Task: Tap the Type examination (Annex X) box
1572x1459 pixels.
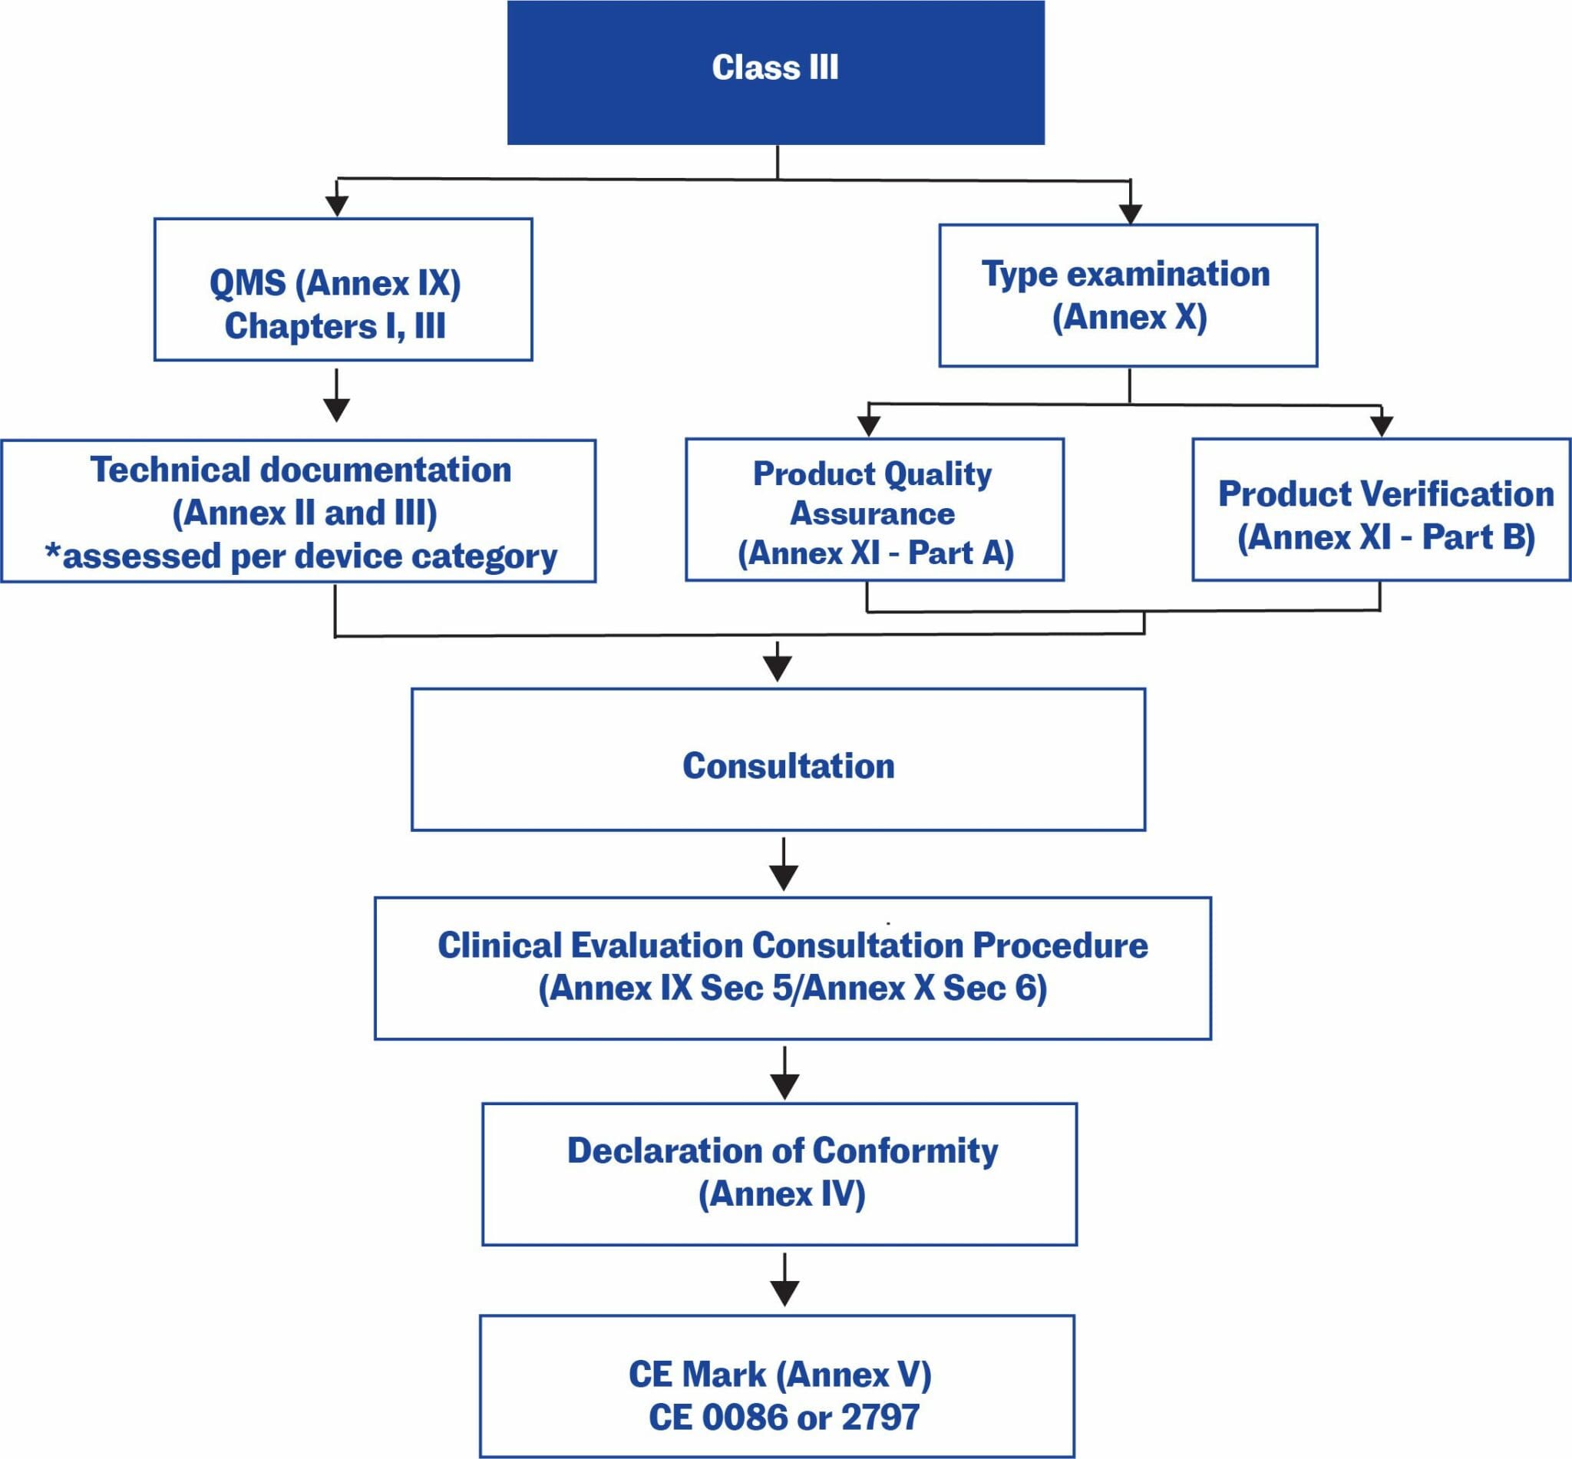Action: tap(1128, 295)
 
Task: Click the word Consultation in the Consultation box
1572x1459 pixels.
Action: tap(788, 766)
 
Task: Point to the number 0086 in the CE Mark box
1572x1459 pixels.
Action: tap(742, 1416)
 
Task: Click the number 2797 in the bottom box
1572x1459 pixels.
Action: tap(880, 1416)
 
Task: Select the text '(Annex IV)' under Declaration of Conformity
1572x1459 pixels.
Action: tap(781, 1193)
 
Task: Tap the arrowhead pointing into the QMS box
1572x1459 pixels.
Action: tap(337, 205)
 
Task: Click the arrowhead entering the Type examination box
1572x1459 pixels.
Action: tap(1131, 213)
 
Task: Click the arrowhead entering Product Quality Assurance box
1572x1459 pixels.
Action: tap(868, 425)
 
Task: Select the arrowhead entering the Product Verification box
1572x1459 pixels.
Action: tap(1381, 425)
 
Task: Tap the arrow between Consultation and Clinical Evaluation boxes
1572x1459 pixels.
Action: tap(783, 865)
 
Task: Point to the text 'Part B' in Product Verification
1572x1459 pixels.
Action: tap(1477, 538)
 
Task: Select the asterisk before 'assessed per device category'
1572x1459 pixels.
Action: tap(53, 553)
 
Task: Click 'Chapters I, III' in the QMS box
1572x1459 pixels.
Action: tap(335, 326)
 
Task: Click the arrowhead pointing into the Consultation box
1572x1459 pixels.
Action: tap(778, 668)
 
